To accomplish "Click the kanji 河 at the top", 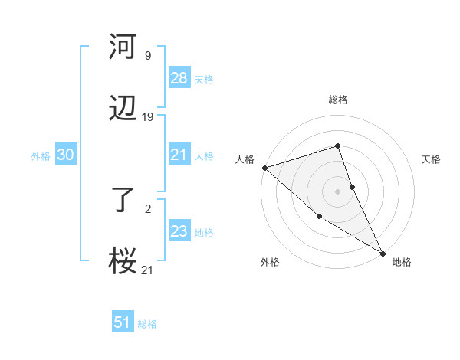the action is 123,47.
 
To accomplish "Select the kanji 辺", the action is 123,110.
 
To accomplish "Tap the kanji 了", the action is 123,200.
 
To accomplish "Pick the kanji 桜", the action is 123,262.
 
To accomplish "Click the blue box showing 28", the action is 179,78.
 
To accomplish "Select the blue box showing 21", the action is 179,155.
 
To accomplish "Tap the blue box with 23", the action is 179,231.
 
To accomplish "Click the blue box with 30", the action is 65,155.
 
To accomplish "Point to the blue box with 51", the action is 123,322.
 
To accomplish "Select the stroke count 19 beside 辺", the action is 148,117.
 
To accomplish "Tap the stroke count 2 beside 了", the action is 147,208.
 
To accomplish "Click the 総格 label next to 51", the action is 147,324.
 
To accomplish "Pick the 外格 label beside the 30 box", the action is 41,155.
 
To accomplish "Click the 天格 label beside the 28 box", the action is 204,79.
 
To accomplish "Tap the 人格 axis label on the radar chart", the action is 245,159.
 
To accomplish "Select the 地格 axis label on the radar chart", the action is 402,262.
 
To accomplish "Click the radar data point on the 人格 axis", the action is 264,168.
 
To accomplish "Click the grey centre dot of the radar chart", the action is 337,191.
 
